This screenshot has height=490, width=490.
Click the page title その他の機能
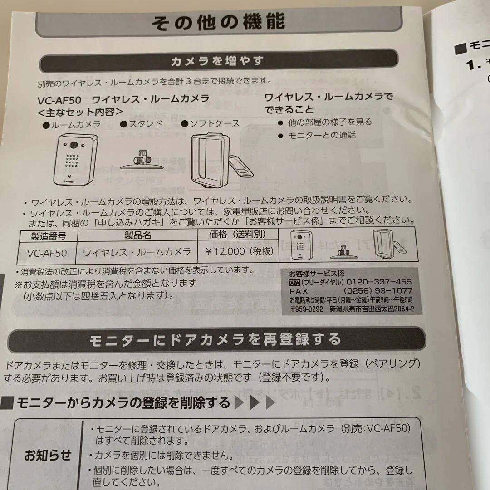pyautogui.click(x=218, y=21)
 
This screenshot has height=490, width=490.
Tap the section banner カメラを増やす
pyautogui.click(x=217, y=61)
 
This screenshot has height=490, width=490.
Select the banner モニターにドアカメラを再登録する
pyautogui.click(x=215, y=339)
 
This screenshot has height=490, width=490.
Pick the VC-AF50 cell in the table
pyautogui.click(x=47, y=253)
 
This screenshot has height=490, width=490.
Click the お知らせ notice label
pyautogui.click(x=48, y=455)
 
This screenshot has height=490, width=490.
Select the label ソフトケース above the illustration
pyautogui.click(x=214, y=123)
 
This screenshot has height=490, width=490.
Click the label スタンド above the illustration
pyautogui.click(x=146, y=124)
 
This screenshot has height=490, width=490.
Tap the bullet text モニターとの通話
pyautogui.click(x=322, y=135)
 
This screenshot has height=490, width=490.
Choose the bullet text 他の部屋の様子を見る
pyautogui.click(x=329, y=122)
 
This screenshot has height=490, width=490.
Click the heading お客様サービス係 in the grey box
pyautogui.click(x=316, y=274)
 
